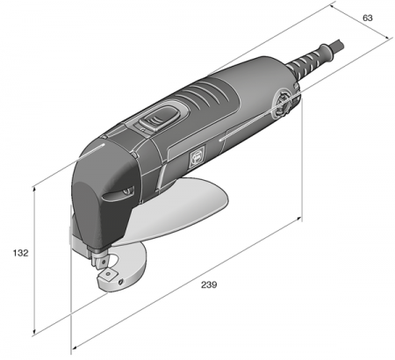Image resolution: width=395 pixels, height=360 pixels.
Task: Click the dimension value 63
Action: [367, 18]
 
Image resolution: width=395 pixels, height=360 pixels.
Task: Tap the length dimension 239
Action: [208, 284]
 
